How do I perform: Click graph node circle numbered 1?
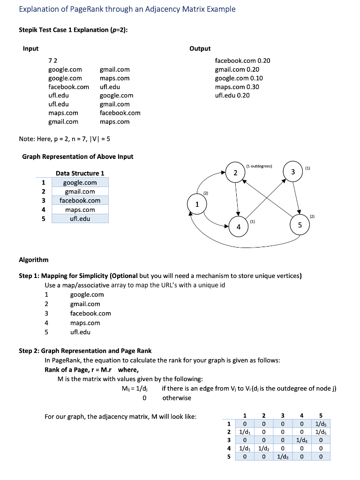pos(197,204)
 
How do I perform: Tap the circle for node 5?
pos(300,225)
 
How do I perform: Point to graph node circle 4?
pos(239,227)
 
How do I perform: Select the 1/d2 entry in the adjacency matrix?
pos(263,449)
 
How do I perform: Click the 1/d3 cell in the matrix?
pos(283,457)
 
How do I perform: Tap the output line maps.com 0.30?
pos(237,87)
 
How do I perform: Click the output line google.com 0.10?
pos(239,78)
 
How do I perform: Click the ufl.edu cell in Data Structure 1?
pos(80,218)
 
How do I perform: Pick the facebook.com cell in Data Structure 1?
pos(80,200)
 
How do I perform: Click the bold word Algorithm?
pos(33,260)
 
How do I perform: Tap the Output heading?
pos(200,48)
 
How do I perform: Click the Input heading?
pos(30,48)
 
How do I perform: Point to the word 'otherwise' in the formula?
pos(177,397)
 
